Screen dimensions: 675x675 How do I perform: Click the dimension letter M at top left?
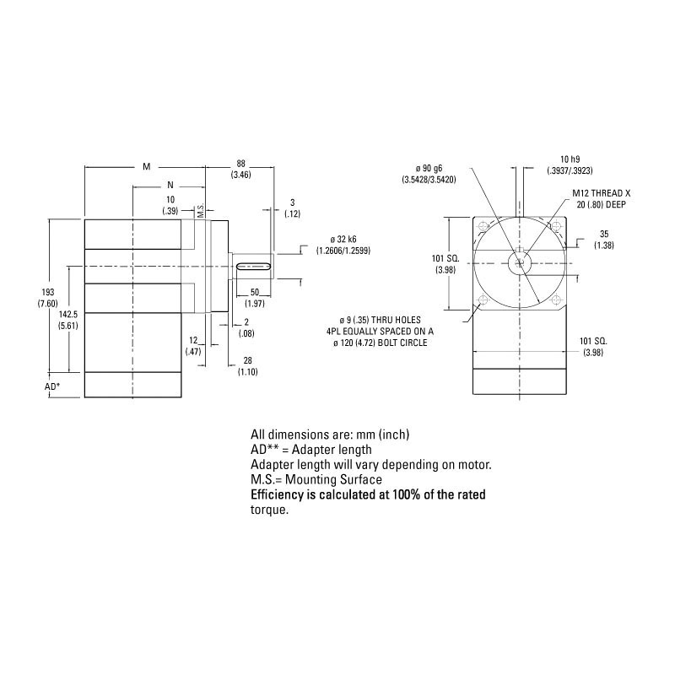pos(146,166)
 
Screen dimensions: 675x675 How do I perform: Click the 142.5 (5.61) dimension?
pos(67,318)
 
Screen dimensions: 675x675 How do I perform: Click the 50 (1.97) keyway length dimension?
pos(255,297)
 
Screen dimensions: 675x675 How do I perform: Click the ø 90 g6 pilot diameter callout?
pos(429,174)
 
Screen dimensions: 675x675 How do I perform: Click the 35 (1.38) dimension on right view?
pos(603,239)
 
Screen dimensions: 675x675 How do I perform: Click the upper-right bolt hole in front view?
pos(555,226)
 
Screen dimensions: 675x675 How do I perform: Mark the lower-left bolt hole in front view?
pos(483,302)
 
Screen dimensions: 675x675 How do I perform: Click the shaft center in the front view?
pos(519,264)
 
